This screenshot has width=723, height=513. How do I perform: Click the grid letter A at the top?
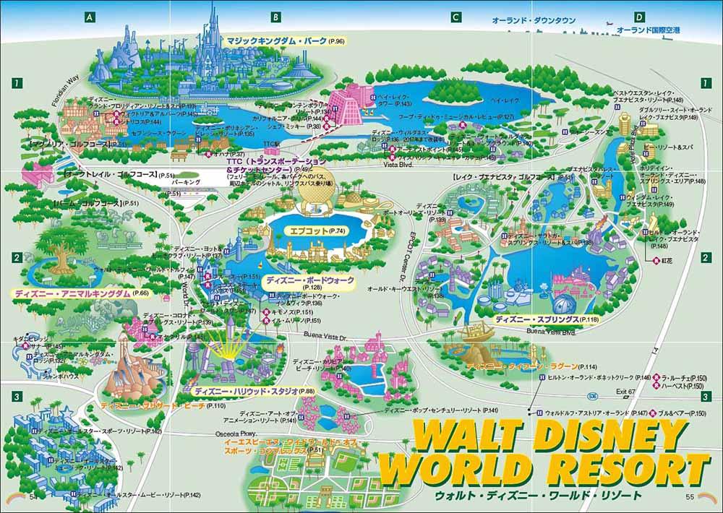[90, 17]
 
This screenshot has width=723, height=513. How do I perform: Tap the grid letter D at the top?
[638, 17]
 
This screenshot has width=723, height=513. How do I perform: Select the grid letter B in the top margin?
[275, 17]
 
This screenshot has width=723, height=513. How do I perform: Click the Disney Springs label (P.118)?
[547, 319]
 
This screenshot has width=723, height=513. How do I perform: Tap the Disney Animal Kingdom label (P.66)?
[81, 294]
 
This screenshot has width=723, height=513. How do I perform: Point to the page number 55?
[690, 496]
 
